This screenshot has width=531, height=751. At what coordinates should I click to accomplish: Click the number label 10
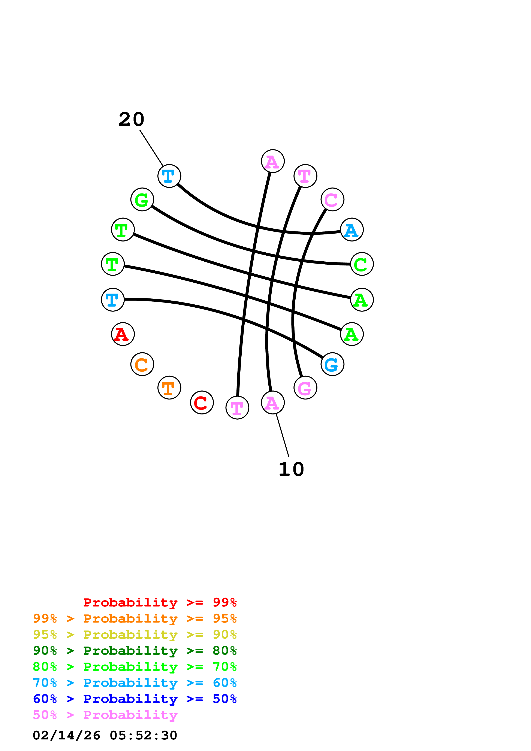291,469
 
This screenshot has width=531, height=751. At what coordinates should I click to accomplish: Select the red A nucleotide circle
123,334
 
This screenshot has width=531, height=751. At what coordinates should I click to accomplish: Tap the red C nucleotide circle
202,402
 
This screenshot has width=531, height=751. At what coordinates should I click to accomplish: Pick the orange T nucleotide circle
169,388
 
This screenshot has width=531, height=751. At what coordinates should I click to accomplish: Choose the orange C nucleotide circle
142,364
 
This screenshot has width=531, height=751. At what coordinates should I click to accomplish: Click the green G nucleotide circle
142,200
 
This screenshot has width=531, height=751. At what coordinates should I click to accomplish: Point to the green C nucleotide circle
362,264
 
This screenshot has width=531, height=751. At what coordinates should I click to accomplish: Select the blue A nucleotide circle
352,230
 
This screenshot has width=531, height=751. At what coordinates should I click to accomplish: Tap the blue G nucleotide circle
332,364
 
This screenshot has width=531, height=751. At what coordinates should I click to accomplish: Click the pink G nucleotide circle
305,388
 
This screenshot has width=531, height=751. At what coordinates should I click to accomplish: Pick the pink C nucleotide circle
332,200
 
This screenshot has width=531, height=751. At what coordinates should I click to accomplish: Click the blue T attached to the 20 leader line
169,176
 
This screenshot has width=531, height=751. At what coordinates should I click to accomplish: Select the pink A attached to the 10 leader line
272,402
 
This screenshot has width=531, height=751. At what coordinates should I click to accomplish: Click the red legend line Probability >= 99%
160,602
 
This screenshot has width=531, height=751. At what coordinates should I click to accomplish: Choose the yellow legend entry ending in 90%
135,635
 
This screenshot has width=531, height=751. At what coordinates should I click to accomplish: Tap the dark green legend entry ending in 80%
135,651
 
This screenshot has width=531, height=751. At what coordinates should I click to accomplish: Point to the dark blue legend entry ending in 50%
135,699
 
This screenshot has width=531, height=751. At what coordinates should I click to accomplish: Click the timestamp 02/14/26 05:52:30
105,735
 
